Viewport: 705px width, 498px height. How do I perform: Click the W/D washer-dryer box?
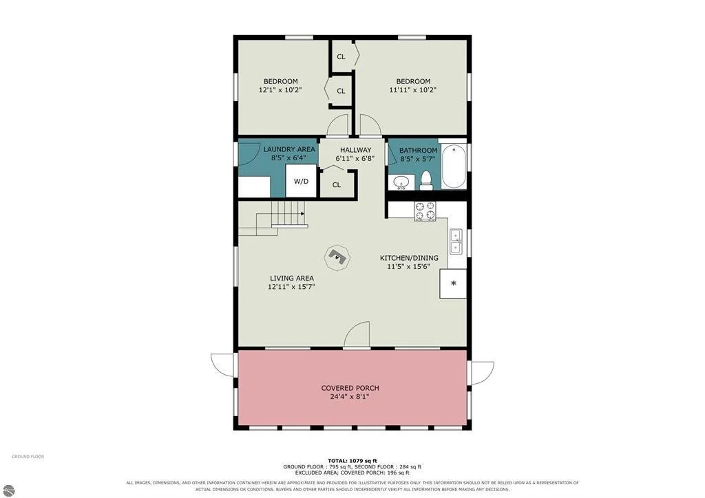pos(302,181)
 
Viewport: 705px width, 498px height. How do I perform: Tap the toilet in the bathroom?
pos(425,180)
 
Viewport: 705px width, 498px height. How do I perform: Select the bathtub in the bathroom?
pos(453,166)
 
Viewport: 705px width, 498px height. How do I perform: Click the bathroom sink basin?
pos(401,182)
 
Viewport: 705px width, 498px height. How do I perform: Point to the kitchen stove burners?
pos(425,211)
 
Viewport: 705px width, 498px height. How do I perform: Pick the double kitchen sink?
pos(456,241)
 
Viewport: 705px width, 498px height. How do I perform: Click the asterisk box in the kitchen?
pos(453,283)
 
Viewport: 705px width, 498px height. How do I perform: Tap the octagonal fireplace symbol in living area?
pos(337,257)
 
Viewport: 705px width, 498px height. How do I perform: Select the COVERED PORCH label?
pos(350,388)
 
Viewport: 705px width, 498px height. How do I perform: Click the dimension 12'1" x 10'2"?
pos(280,90)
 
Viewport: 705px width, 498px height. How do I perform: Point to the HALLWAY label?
pos(356,150)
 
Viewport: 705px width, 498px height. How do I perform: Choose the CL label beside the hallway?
pos(336,184)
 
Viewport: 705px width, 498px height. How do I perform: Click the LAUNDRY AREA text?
pos(289,149)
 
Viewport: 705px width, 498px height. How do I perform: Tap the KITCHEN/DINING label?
pos(409,258)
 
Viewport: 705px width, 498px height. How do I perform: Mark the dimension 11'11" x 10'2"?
pos(413,90)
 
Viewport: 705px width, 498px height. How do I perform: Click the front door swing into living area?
pos(357,334)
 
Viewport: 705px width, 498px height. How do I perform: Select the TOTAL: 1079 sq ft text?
pos(352,461)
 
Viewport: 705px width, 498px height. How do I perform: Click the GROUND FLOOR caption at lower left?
pos(28,457)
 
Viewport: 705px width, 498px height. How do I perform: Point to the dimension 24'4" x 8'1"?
pos(350,397)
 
